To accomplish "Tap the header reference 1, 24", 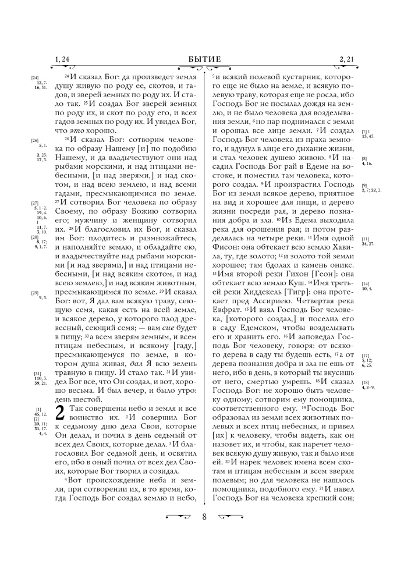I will coord(62,59).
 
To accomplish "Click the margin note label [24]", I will coord(34,78).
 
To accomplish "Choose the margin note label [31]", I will coord(37,373).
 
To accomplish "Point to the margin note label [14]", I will coord(365,283).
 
